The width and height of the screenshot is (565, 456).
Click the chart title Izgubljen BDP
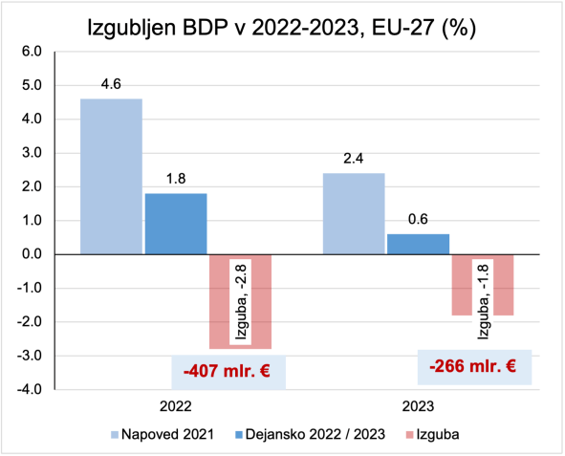click(282, 26)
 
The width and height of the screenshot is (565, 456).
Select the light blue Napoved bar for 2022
click(111, 177)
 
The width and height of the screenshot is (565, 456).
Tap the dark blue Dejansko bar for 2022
click(175, 224)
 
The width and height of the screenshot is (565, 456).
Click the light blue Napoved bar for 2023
click(353, 213)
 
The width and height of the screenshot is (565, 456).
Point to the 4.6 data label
click(111, 85)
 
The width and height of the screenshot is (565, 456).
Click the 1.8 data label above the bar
click(175, 180)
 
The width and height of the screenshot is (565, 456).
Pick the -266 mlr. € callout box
click(472, 365)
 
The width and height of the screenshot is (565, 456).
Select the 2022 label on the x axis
click(175, 405)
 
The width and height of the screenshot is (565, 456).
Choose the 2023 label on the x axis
click(418, 405)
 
